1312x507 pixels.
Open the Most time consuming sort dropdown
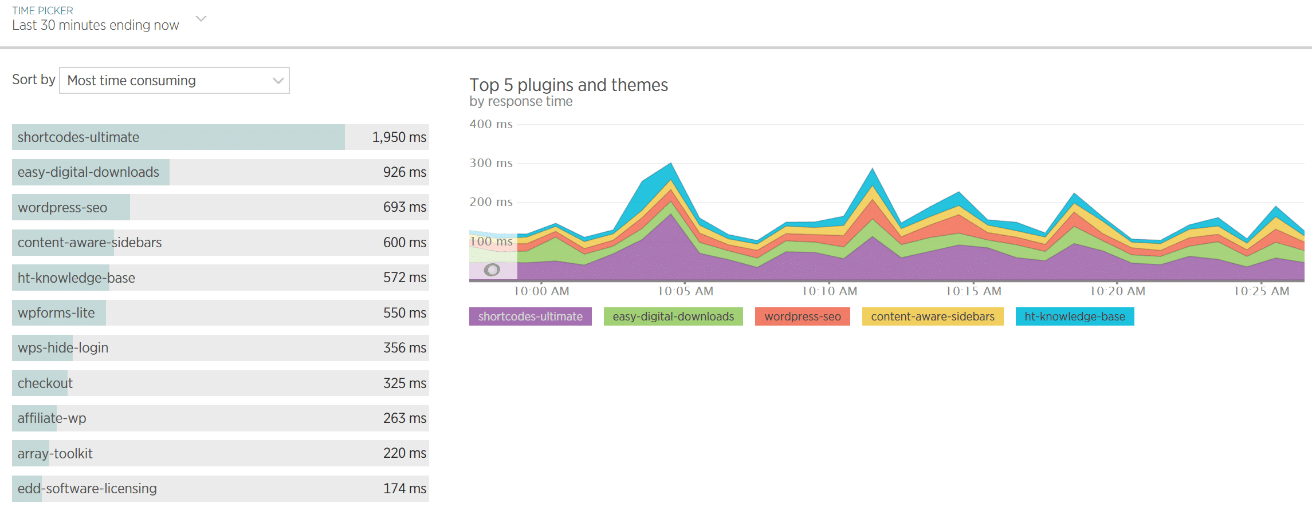click(174, 81)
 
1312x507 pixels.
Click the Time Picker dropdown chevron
click(201, 19)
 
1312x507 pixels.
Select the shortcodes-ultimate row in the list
click(78, 137)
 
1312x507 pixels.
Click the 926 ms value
click(404, 172)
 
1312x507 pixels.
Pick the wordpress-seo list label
click(62, 208)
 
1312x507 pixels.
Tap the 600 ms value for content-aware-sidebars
click(404, 243)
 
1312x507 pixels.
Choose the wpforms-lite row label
click(56, 313)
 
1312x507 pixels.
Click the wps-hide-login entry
click(63, 348)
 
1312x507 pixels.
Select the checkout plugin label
click(45, 383)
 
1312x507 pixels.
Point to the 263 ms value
click(404, 418)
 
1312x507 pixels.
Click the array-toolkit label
click(55, 454)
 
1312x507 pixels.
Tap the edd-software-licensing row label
click(87, 489)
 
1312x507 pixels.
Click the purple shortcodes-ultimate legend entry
click(530, 316)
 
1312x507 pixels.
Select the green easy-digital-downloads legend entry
click(673, 316)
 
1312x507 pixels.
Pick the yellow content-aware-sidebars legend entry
click(932, 316)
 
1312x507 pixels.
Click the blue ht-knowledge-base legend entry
click(1074, 316)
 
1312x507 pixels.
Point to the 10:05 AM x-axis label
click(685, 291)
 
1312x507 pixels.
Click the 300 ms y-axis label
click(491, 163)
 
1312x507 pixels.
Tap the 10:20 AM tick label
click(1117, 291)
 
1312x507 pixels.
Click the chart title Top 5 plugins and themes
click(568, 85)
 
